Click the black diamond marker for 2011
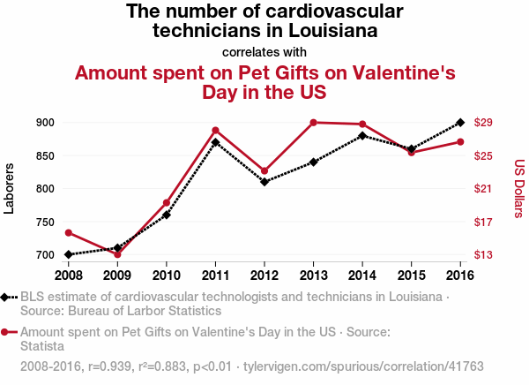pyautogui.click(x=215, y=142)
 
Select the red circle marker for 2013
pyautogui.click(x=314, y=122)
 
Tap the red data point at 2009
pyautogui.click(x=117, y=254)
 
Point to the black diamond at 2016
pyautogui.click(x=461, y=123)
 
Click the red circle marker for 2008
pyautogui.click(x=68, y=233)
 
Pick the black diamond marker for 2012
pyautogui.click(x=264, y=182)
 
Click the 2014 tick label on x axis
pyautogui.click(x=362, y=274)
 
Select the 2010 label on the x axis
pyautogui.click(x=167, y=274)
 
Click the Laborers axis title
pyautogui.click(x=11, y=189)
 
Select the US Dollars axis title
pyautogui.click(x=519, y=188)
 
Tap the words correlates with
pyautogui.click(x=264, y=51)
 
